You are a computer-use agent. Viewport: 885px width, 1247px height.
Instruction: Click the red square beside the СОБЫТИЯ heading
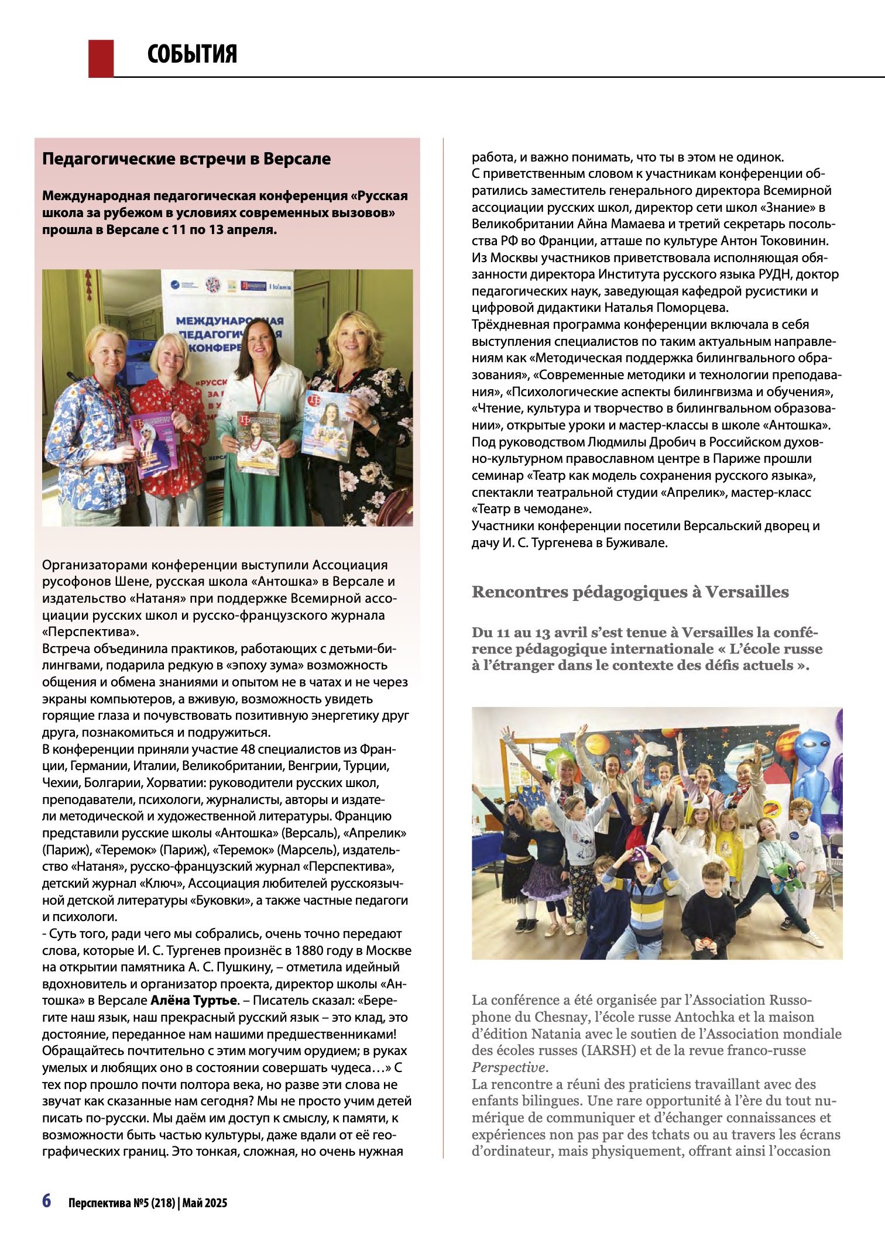coord(101,58)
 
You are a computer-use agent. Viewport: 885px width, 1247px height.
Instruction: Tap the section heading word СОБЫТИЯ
coord(192,54)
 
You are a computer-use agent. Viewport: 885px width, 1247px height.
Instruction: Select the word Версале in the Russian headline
coord(297,159)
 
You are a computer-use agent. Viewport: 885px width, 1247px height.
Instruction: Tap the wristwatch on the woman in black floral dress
coord(373,420)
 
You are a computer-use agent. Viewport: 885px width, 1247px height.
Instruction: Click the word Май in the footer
coord(193,1203)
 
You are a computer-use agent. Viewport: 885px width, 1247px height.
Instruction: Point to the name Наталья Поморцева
coord(667,308)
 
